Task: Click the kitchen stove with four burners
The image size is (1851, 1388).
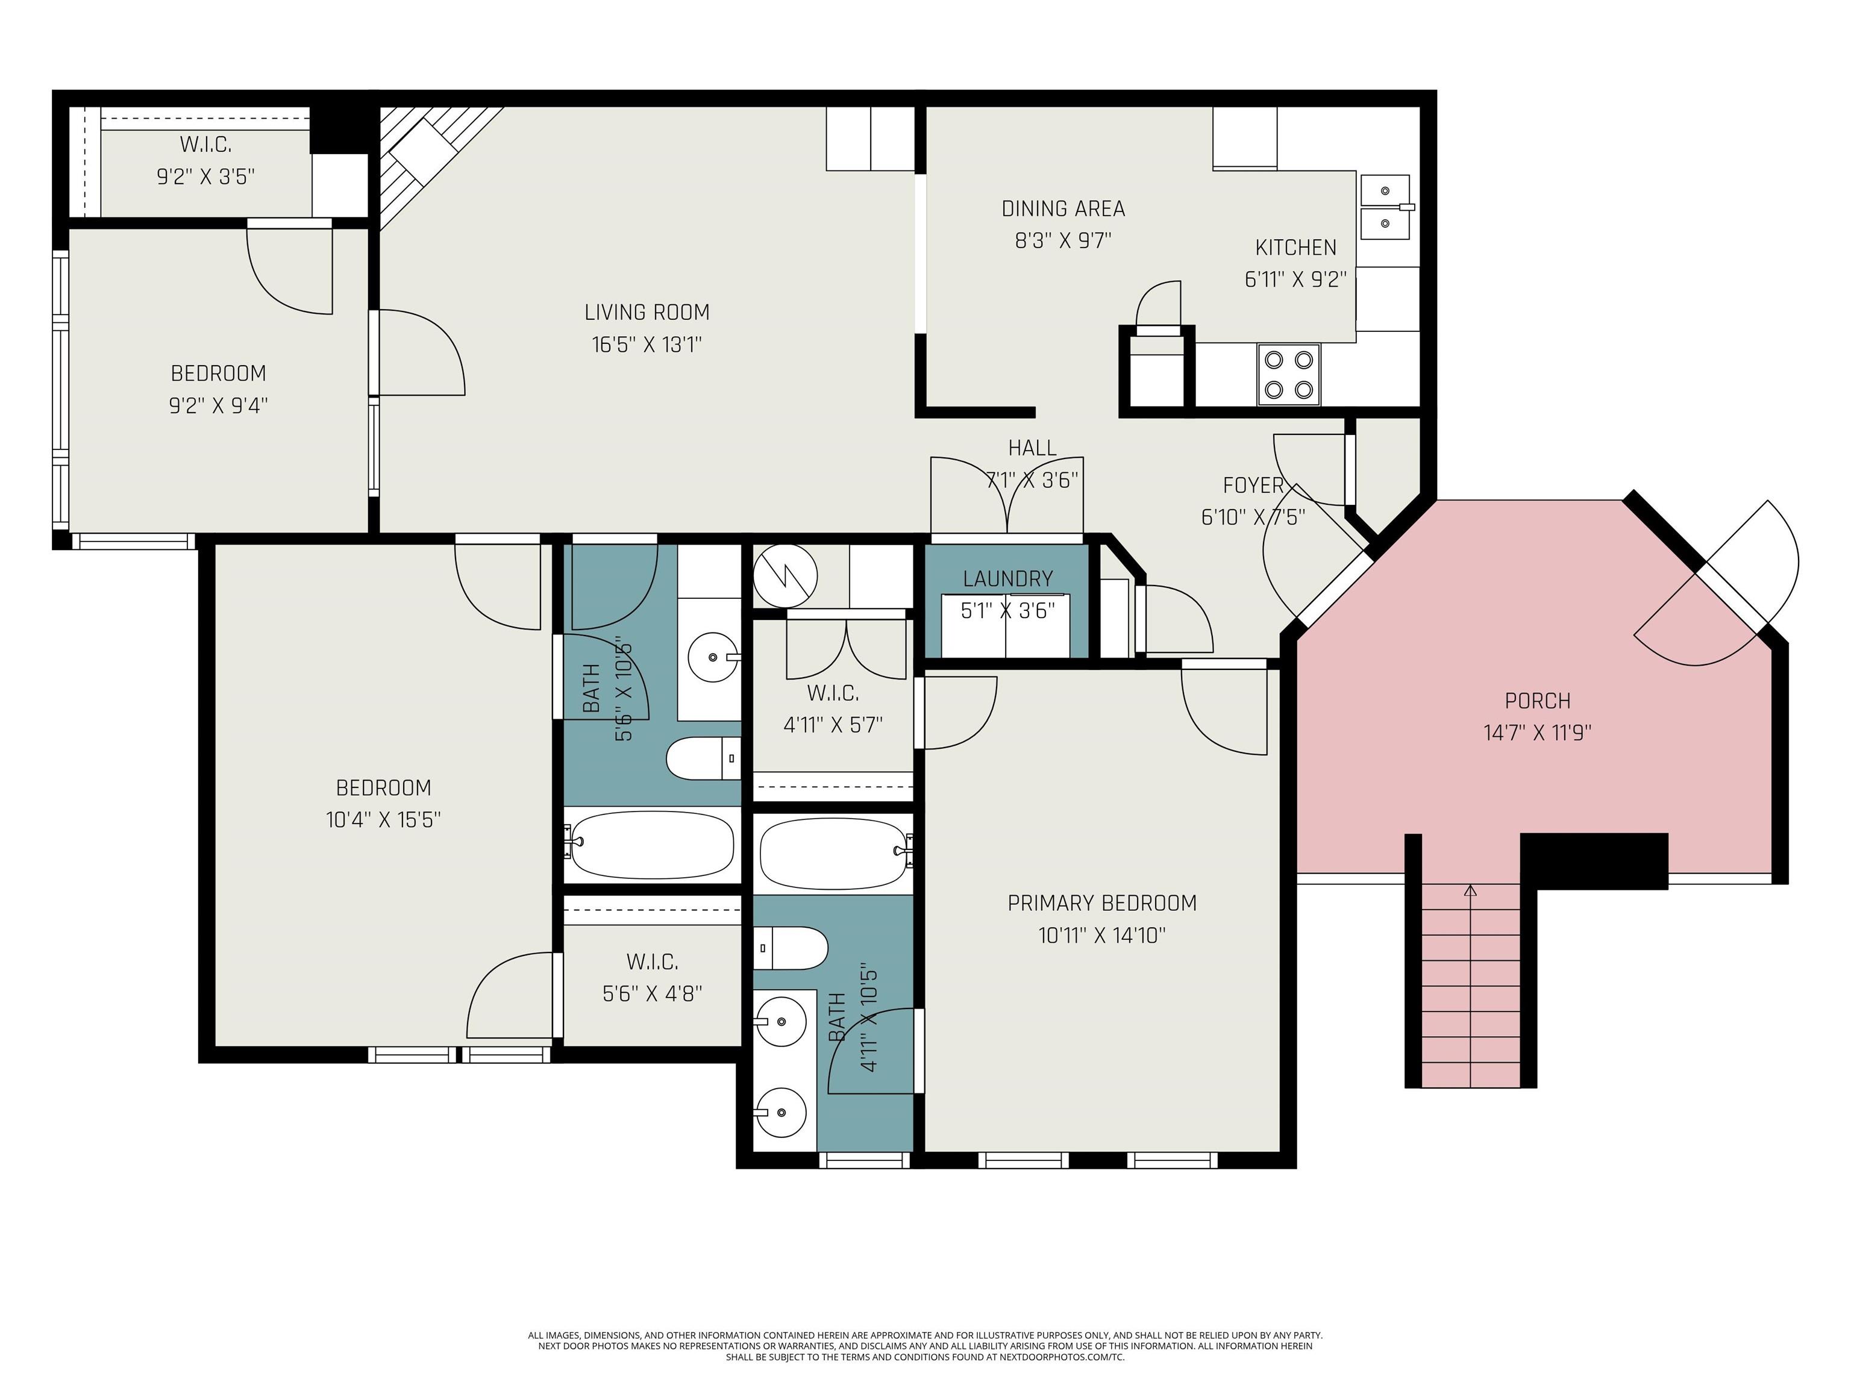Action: click(1289, 374)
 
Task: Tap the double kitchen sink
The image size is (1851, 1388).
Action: click(1385, 207)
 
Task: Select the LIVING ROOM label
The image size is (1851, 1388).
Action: click(647, 312)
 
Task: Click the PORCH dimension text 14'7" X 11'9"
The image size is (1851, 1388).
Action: click(1537, 733)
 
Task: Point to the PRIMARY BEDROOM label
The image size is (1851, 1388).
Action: click(1102, 903)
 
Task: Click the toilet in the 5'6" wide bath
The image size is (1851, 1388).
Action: click(704, 758)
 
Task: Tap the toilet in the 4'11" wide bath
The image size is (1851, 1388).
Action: click(791, 948)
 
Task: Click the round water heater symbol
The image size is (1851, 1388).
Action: click(785, 575)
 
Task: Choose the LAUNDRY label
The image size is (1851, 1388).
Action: click(1007, 579)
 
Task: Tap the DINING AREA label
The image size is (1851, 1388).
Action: click(1063, 208)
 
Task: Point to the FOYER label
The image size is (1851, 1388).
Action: click(1253, 485)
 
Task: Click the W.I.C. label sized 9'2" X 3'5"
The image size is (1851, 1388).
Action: click(206, 145)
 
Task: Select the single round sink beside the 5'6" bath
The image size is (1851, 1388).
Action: click(713, 658)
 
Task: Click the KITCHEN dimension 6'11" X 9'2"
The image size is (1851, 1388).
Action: click(1295, 280)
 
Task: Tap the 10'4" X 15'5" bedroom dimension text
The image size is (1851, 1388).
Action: click(383, 819)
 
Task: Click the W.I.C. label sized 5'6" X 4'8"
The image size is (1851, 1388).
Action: click(652, 961)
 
